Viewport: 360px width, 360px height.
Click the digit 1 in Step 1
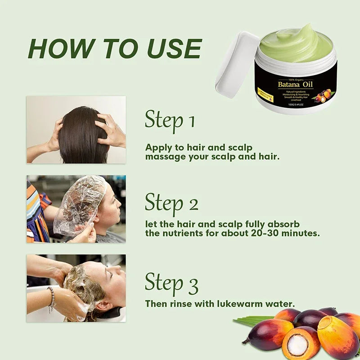(191, 121)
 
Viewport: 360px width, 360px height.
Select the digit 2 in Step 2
(193, 204)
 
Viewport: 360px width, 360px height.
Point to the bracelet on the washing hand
(52, 298)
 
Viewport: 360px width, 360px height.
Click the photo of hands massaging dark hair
(76, 129)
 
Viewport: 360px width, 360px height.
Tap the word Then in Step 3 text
(156, 303)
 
